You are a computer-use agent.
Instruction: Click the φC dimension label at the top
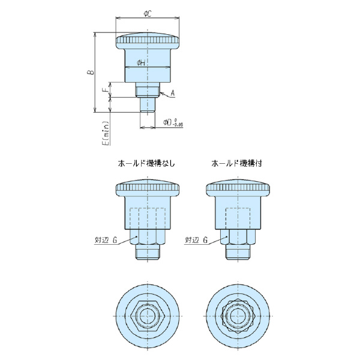[147, 12]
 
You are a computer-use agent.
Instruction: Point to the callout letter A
[172, 93]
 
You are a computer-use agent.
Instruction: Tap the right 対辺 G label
[197, 240]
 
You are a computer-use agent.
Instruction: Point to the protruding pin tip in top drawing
[148, 106]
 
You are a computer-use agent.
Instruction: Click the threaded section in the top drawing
[148, 92]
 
